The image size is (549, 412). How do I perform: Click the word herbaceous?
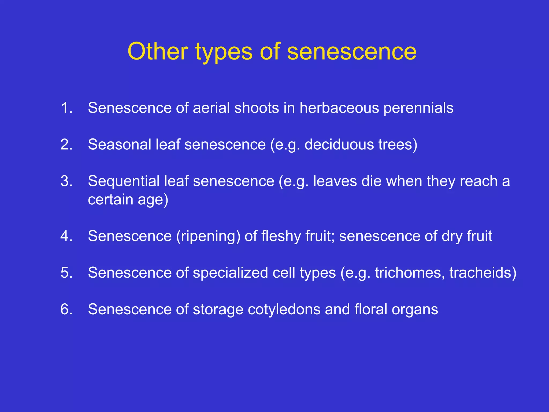(339, 108)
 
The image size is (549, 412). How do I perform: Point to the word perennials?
(418, 108)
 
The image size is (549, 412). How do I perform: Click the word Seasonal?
(119, 144)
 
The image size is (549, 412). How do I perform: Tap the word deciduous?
(339, 144)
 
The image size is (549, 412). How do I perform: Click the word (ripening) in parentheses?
(208, 237)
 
